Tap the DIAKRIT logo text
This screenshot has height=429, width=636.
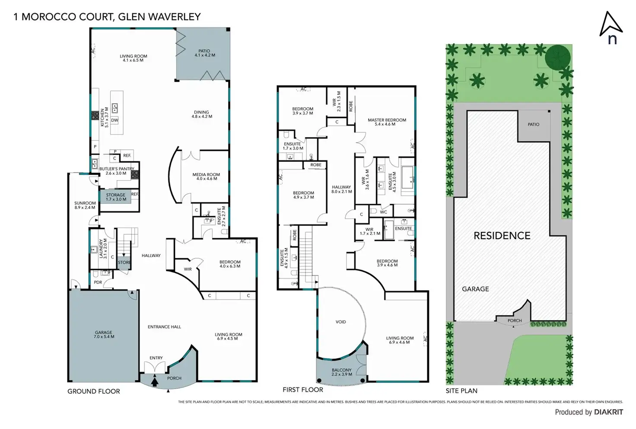click(608, 412)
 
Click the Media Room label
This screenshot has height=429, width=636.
click(206, 176)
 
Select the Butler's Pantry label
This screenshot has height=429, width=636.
click(117, 171)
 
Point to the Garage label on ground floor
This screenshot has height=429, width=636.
click(104, 335)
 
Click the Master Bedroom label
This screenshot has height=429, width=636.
click(387, 122)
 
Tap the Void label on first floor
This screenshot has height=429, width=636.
click(340, 322)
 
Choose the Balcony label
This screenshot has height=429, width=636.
click(341, 372)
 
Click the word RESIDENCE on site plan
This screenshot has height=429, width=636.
click(502, 236)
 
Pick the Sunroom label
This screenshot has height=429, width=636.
click(85, 205)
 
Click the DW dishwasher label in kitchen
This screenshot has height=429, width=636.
click(114, 120)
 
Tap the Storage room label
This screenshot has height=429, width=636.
click(116, 197)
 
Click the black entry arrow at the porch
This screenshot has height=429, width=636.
click(155, 381)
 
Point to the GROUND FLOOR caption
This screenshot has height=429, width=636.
click(94, 391)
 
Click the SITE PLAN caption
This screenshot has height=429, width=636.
click(461, 391)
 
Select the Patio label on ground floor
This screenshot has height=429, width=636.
click(204, 53)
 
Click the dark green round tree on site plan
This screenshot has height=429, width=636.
click(557, 57)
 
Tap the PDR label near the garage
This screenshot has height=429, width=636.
click(98, 282)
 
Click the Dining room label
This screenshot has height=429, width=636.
click(202, 114)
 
